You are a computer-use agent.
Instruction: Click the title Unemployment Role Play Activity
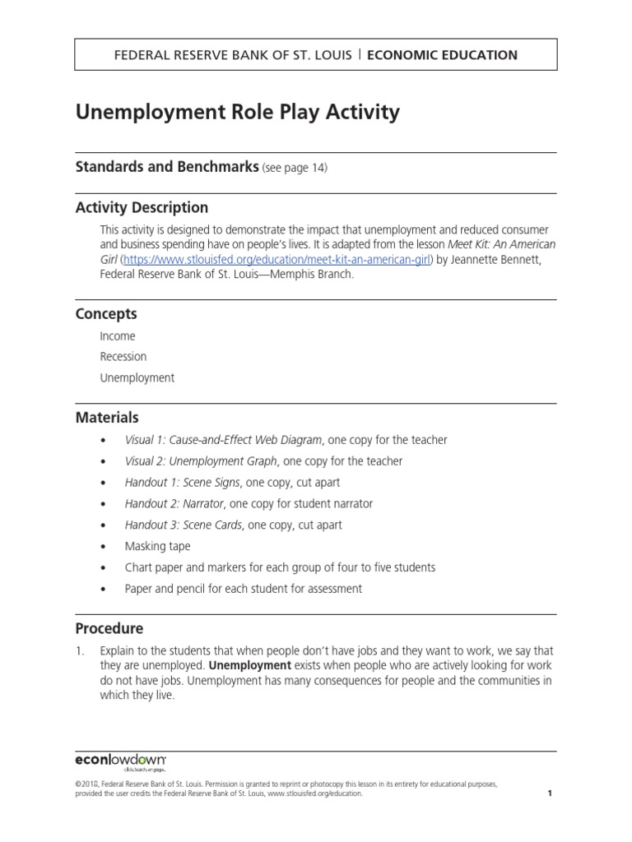point(237,113)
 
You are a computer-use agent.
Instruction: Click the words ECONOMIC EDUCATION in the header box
point(442,55)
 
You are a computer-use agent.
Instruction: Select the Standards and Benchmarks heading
point(167,167)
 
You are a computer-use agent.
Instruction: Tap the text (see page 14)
point(295,169)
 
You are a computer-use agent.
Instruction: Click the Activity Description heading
point(142,207)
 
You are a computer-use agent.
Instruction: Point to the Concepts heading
point(106,314)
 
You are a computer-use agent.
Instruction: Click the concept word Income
point(118,336)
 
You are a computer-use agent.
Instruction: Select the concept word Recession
point(123,357)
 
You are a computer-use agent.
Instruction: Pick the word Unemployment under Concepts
point(137,378)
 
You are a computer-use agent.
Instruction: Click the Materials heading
point(107,418)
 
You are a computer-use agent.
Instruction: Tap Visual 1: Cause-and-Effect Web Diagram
point(224,440)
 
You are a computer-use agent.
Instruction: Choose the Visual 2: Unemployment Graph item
point(201,461)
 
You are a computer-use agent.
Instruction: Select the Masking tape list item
point(157,546)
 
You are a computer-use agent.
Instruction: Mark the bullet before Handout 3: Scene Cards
point(103,525)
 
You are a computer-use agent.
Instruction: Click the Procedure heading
point(109,628)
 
